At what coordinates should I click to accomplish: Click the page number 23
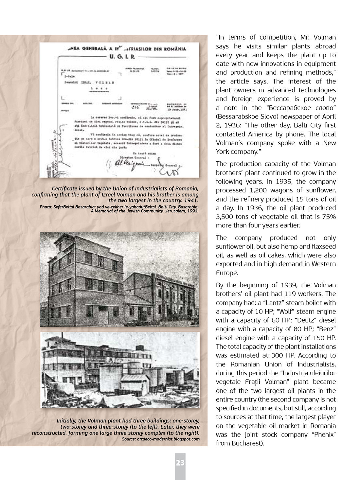pyautogui.click(x=180, y=463)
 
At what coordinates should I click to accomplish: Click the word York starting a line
pyautogui.click(x=223, y=151)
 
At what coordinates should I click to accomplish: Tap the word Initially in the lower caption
pyautogui.click(x=67, y=421)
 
